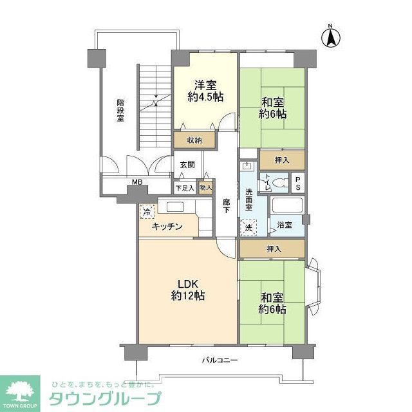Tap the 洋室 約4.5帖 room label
205,91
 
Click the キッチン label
167,227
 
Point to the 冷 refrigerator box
147,211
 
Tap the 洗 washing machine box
248,227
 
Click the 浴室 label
285,225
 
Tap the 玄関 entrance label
187,165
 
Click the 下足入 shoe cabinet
184,189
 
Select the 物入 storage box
205,189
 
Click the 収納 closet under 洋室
195,140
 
